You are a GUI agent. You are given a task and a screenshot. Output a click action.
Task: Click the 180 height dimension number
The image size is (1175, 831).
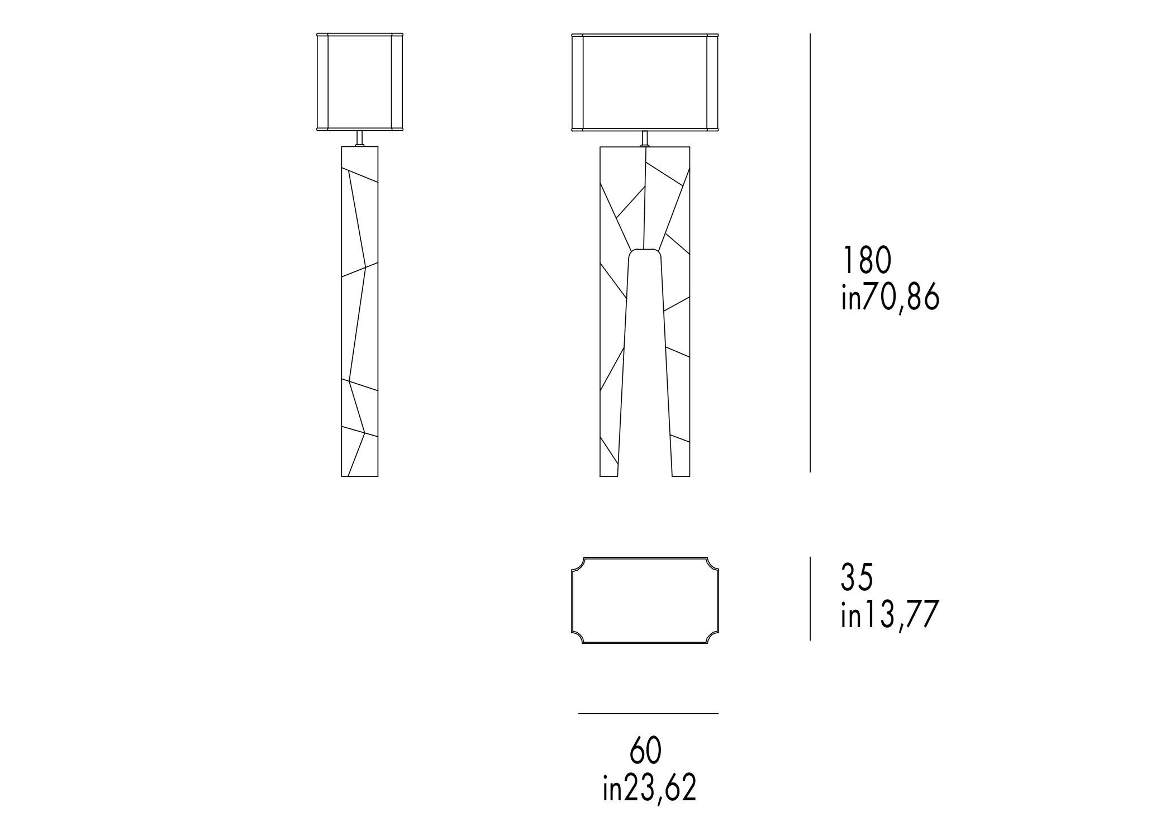pyautogui.click(x=865, y=260)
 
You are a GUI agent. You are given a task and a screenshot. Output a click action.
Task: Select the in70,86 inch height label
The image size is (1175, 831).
pyautogui.click(x=890, y=298)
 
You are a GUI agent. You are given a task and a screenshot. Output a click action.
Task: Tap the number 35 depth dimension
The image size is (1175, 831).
pyautogui.click(x=857, y=577)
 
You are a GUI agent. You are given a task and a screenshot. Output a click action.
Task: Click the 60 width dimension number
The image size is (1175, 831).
pyautogui.click(x=646, y=751)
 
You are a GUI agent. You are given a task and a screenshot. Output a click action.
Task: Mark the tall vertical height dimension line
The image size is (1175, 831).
pyautogui.click(x=810, y=253)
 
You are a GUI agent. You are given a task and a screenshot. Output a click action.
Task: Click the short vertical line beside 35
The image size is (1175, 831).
pyautogui.click(x=810, y=598)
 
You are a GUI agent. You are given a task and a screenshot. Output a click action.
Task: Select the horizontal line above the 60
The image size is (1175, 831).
pyautogui.click(x=648, y=714)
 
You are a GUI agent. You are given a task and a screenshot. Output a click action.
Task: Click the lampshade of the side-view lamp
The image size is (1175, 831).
pyautogui.click(x=360, y=83)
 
